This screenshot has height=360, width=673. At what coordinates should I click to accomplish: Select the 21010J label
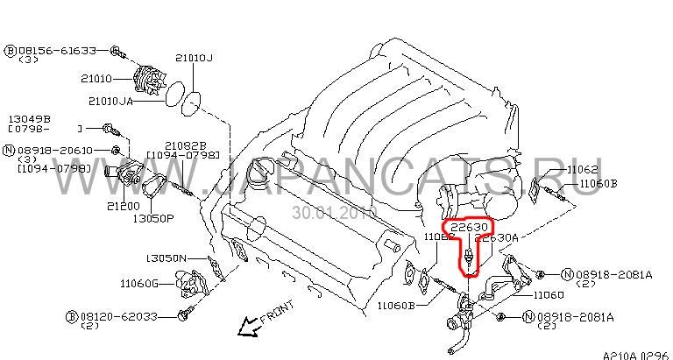[x=193, y=58]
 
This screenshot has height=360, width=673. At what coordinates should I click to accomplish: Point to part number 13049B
[x=30, y=117]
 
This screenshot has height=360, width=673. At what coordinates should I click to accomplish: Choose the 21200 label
[x=123, y=207]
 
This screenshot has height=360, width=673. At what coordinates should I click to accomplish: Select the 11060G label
[x=138, y=282]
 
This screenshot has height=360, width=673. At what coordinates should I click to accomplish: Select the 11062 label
[x=582, y=168]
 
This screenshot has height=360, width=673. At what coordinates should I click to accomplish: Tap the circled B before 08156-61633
[x=10, y=49]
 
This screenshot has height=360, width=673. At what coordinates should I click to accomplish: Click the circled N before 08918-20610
[x=10, y=151]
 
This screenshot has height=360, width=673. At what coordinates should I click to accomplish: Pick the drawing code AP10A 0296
[x=634, y=354]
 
